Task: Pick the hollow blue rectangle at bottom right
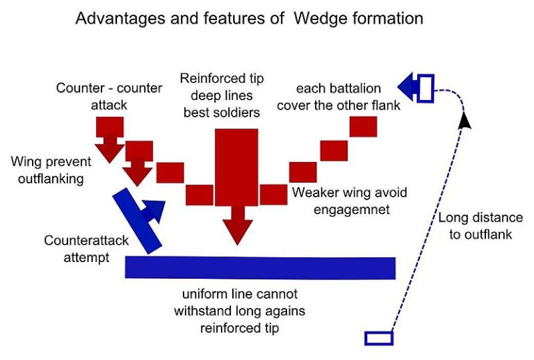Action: coord(379,338)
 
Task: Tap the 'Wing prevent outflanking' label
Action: coord(50,170)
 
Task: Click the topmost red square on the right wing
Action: coord(363,126)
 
